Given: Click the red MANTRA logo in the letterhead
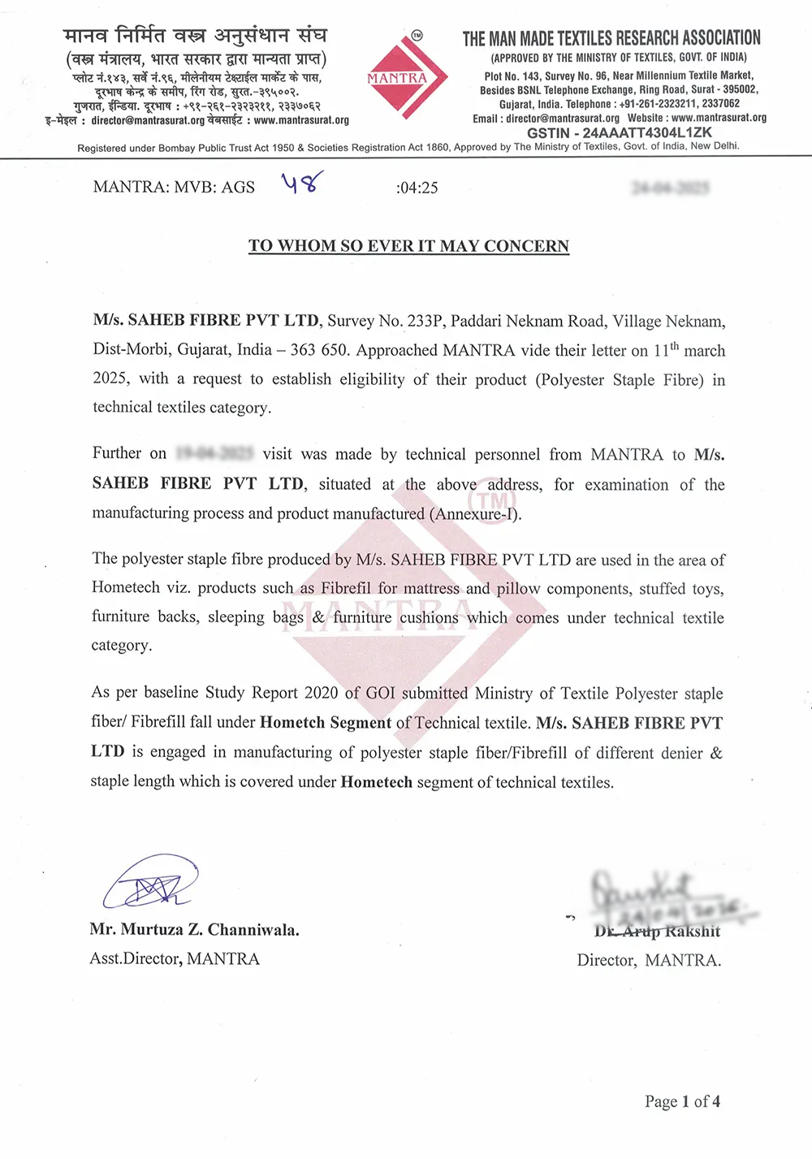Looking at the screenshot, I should (x=406, y=78).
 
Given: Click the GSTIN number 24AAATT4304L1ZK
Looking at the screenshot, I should (x=620, y=132).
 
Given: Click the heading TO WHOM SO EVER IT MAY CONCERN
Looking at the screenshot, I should (x=408, y=246).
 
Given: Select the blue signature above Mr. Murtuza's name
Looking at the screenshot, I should (x=151, y=883).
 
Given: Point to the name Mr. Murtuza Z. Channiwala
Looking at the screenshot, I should (x=194, y=930).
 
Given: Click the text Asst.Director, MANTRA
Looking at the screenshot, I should (x=175, y=959).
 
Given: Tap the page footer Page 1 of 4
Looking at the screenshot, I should (x=682, y=1101).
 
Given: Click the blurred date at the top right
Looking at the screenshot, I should (x=670, y=188).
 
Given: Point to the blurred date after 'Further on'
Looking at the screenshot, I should (x=214, y=453).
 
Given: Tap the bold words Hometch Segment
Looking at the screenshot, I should (x=325, y=723).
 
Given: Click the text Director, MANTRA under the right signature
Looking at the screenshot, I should (x=648, y=960).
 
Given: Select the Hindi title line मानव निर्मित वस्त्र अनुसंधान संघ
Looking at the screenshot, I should (x=195, y=36).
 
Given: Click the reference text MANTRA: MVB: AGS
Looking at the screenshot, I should (x=174, y=188).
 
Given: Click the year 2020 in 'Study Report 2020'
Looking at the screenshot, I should (x=321, y=693).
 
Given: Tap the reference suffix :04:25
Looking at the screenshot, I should (x=417, y=188).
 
